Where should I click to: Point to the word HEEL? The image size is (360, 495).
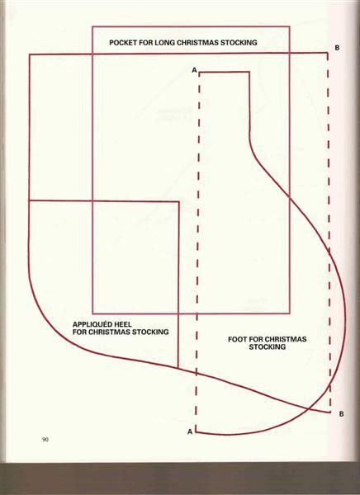pyautogui.click(x=124, y=324)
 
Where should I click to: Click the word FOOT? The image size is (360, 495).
pyautogui.click(x=237, y=340)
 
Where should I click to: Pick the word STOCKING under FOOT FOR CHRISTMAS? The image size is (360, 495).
pyautogui.click(x=267, y=347)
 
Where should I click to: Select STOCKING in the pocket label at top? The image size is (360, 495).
pyautogui.click(x=239, y=43)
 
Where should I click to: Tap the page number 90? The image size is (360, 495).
pyautogui.click(x=45, y=440)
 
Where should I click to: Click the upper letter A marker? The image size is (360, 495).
pyautogui.click(x=194, y=70)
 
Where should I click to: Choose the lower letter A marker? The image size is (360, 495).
pyautogui.click(x=190, y=431)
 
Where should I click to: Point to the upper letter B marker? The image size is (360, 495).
pyautogui.click(x=337, y=48)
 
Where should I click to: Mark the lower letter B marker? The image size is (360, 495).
pyautogui.click(x=341, y=414)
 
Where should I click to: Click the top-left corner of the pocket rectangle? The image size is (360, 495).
pyautogui.click(x=92, y=27)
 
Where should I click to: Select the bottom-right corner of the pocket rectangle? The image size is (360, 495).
pyautogui.click(x=289, y=313)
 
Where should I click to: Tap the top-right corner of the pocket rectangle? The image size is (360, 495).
pyautogui.click(x=289, y=27)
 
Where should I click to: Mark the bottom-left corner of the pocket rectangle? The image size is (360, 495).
pyautogui.click(x=92, y=313)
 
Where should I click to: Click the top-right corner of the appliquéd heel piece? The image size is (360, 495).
pyautogui.click(x=179, y=201)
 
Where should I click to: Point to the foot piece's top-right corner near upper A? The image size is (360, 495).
pyautogui.click(x=249, y=73)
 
